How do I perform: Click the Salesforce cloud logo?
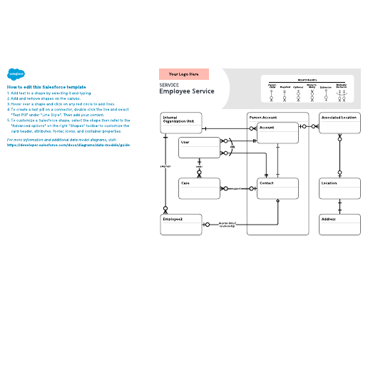[x=15, y=73]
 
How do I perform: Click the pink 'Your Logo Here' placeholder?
[x=183, y=73]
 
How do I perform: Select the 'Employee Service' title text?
[x=186, y=91]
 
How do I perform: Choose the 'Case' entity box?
[x=199, y=188]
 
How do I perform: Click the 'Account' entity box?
[x=277, y=133]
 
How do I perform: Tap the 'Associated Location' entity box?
[x=339, y=123]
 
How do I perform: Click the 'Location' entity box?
[x=339, y=188]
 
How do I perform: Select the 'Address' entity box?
[x=339, y=224]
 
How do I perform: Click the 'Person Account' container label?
[x=263, y=116]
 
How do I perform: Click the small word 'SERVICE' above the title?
[x=169, y=84]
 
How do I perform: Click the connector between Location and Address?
[x=339, y=206]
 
